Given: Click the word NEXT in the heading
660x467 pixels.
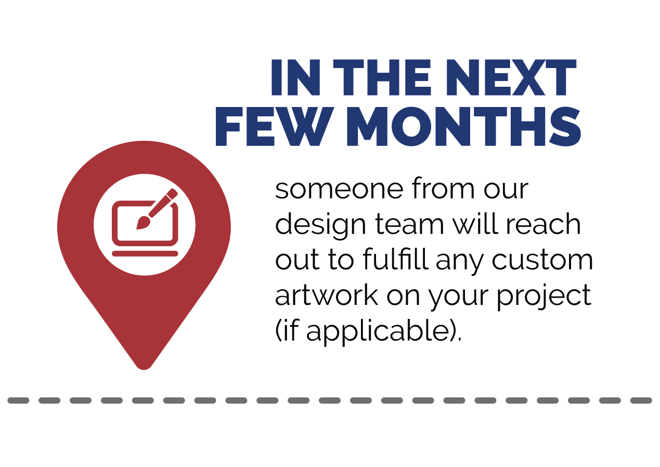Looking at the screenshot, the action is (511, 77).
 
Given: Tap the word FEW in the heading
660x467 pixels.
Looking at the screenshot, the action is (274, 126).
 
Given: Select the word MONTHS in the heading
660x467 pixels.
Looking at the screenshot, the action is (464, 126).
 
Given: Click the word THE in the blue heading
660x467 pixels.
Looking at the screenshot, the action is (382, 77).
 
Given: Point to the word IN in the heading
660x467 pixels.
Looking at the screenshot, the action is (295, 77).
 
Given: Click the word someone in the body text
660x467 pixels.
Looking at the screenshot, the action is (339, 189).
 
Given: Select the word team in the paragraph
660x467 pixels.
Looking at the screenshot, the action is (409, 225).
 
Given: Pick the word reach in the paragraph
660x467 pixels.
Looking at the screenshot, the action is (543, 224).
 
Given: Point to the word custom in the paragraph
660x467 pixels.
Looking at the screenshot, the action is (542, 260).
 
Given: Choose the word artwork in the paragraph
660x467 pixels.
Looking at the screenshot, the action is (327, 295).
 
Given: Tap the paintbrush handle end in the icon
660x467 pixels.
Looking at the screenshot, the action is (175, 192).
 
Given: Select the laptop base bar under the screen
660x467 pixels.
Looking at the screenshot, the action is (145, 253).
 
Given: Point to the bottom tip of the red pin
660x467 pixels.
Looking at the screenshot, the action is (144, 369).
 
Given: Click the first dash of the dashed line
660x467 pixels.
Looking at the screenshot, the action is (18, 401).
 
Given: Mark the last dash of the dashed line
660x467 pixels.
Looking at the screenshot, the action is (641, 401).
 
